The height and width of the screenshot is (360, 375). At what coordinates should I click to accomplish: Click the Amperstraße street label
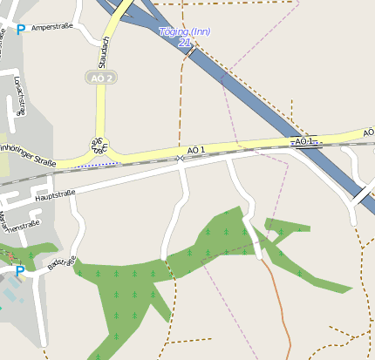pos(51,28)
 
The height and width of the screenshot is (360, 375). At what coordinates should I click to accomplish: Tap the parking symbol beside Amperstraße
pos(20,30)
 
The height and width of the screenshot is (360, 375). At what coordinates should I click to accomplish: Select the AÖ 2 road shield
pos(102,78)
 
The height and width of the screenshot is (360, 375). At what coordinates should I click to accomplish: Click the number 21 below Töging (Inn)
pos(184,42)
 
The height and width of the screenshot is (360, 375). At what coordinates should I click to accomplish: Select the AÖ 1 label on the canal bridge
pos(303,141)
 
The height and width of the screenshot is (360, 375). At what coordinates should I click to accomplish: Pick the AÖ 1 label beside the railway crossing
pos(196,150)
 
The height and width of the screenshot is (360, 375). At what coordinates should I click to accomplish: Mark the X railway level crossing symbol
pos(180,158)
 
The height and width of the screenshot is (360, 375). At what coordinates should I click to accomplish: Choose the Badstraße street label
pos(63,265)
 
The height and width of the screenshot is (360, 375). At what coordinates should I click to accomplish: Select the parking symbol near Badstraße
pos(20,271)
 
